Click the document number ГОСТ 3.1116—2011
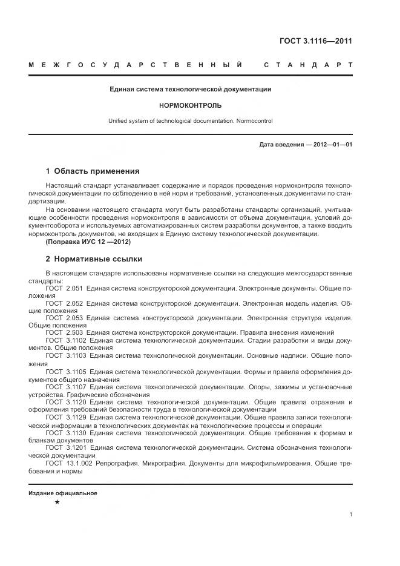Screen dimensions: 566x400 315,41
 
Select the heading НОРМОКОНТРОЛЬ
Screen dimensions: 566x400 190,105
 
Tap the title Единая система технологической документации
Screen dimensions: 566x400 190,89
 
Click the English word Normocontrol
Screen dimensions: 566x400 254,120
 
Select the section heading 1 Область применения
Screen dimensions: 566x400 92,171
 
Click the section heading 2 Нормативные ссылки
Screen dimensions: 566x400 94,258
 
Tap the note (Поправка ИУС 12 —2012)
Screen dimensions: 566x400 88,242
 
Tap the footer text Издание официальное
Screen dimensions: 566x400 63,493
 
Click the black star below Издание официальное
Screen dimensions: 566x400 57,502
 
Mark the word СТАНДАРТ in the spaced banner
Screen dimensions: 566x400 309,64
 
